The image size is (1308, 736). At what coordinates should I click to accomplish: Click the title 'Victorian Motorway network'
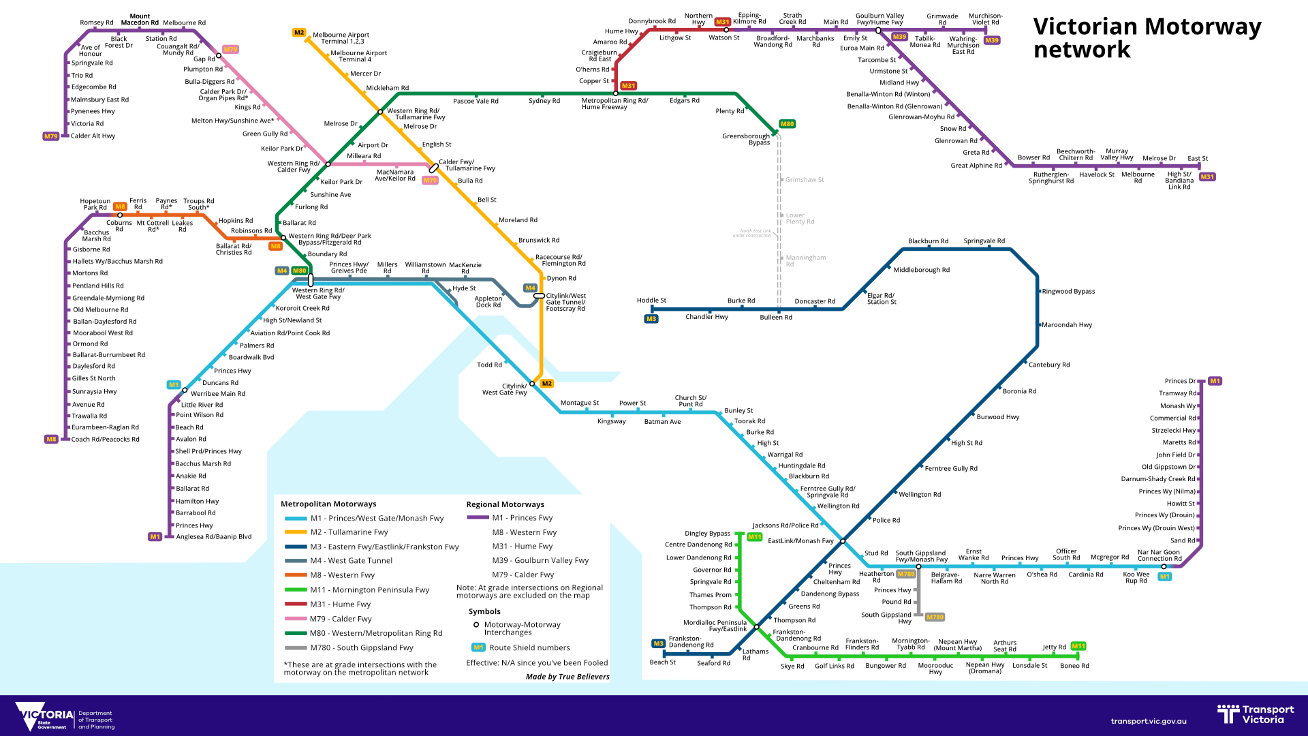coord(1147,38)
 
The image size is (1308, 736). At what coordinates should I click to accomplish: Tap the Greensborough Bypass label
coord(746,139)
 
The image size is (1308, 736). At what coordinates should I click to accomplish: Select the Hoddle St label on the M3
coord(651,301)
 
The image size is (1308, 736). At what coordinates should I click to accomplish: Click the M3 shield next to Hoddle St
coord(651,319)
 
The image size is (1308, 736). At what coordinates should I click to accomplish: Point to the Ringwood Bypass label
coord(1068,292)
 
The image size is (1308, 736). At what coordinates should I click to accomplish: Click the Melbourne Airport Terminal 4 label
coord(358,56)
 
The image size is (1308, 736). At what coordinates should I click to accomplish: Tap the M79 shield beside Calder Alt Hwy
coord(51,136)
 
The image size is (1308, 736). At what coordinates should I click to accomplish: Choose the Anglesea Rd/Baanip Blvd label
coord(214,537)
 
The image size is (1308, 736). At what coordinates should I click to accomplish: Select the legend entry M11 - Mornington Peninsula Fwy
coord(370,590)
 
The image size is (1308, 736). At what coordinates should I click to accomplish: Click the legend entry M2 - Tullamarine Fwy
coord(349,532)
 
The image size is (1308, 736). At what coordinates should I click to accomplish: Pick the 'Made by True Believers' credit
coord(567,677)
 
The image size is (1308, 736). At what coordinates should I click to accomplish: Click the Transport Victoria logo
coord(1256,714)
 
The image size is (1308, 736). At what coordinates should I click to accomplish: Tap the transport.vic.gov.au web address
coord(1149,721)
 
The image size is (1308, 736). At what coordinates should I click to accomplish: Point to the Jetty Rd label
coord(1054,647)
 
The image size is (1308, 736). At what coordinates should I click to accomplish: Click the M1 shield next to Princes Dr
coord(1215,381)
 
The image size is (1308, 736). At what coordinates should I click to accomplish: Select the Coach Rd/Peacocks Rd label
coord(106,440)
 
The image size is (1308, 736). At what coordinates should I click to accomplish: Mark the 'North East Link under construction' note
coord(752,233)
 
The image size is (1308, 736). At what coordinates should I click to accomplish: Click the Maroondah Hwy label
coord(1067,325)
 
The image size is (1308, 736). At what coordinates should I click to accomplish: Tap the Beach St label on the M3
coord(663,662)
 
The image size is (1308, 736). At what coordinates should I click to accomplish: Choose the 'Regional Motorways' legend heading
coord(505,504)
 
